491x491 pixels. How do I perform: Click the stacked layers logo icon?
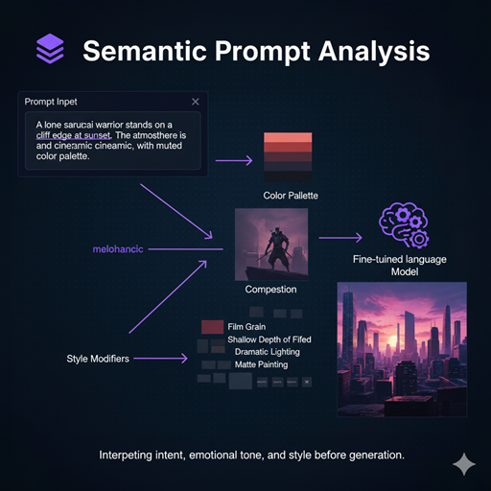click(49, 47)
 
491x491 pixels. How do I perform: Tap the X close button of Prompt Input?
click(196, 101)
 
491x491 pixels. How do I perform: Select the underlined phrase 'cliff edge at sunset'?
click(79, 135)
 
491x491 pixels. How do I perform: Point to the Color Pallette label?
click(290, 196)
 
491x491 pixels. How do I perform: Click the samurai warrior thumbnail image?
click(271, 244)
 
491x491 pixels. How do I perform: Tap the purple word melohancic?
click(118, 249)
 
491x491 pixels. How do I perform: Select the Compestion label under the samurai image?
click(271, 289)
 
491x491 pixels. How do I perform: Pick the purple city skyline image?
click(403, 349)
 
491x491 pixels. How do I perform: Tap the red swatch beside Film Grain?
click(212, 327)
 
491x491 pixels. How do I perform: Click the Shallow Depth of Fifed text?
click(282, 339)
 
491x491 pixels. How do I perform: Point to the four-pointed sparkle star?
click(464, 464)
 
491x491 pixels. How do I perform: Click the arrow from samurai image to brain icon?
click(340, 236)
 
